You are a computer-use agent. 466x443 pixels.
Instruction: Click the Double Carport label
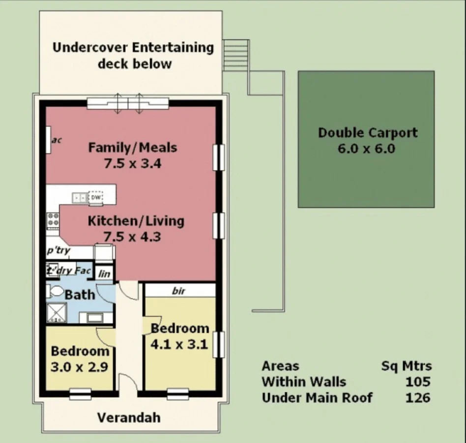point(367,133)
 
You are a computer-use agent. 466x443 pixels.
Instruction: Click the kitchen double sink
point(79,197)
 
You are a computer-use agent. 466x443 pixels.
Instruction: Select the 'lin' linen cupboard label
point(104,273)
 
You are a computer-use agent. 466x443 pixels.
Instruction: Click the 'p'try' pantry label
point(58,251)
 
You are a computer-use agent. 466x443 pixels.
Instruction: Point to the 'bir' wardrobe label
point(178,291)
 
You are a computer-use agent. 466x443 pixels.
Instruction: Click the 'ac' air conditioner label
point(57,140)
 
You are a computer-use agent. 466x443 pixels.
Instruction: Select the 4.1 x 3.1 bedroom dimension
point(179,344)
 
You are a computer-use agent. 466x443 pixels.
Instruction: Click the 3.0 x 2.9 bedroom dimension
point(79,367)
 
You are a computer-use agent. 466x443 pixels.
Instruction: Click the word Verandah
point(128,418)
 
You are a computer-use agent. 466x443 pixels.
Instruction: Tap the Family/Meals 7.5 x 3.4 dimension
point(132,163)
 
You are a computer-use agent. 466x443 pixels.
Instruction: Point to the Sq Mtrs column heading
point(407,366)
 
